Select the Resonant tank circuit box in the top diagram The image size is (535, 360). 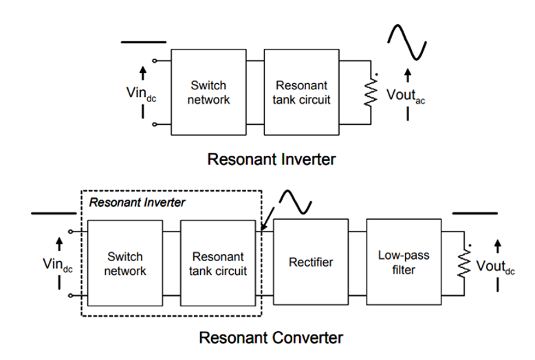[x=303, y=93]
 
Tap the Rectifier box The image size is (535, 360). [x=311, y=262]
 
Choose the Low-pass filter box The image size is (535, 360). [x=404, y=262]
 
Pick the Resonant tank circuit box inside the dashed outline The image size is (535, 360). [x=218, y=263]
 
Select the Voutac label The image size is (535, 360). [x=407, y=96]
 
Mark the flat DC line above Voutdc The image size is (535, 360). [x=474, y=214]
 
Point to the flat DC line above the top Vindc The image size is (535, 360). [x=144, y=42]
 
